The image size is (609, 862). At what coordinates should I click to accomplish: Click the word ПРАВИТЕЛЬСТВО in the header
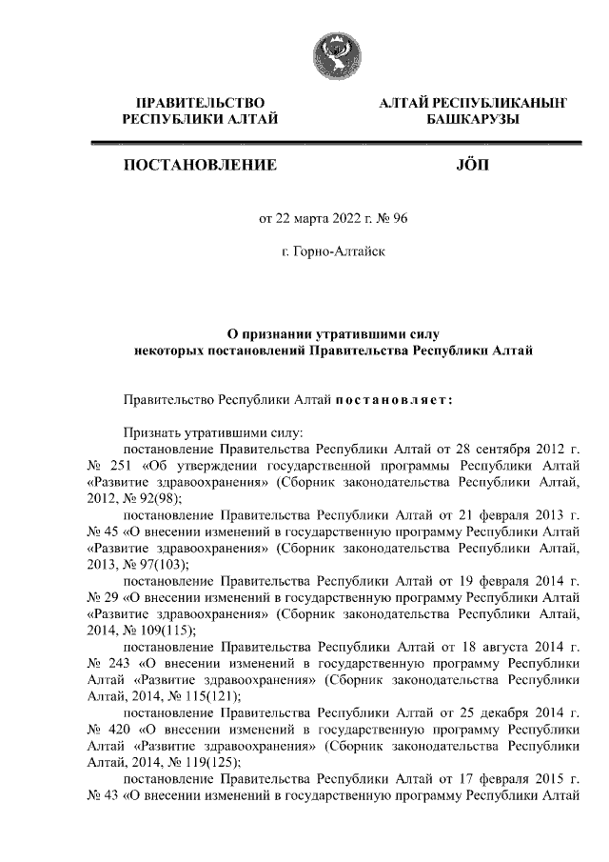tap(200, 102)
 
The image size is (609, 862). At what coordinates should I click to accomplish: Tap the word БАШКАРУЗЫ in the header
tap(471, 119)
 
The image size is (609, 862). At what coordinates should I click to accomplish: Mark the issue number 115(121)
tap(193, 695)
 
